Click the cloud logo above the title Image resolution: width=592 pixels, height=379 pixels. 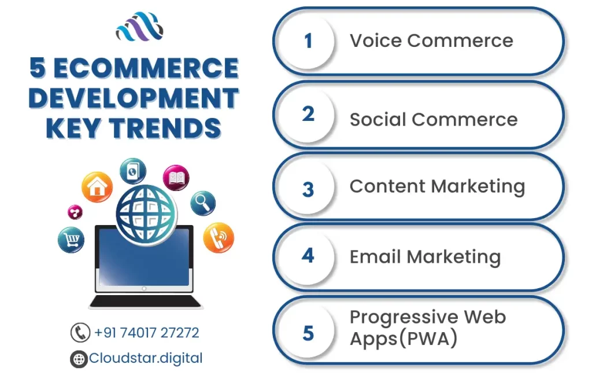coord(139,27)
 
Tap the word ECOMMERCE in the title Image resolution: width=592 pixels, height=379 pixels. coord(146,68)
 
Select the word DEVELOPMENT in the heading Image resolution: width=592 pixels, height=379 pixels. coord(134,98)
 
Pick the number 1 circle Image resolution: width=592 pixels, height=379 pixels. coord(308,41)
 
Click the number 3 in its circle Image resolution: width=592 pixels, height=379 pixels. coord(308,189)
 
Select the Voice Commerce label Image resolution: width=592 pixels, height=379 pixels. coord(431,41)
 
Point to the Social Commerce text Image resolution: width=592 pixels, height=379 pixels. coord(434,119)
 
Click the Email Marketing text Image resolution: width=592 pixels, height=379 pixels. coord(425,257)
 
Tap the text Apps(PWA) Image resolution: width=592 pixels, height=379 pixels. coord(404,338)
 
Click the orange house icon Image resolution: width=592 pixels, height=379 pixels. coord(97,187)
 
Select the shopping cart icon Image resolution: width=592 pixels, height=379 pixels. coord(71,240)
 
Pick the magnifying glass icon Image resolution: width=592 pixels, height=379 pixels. coord(203,203)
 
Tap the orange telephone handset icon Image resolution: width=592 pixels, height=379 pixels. coord(219,238)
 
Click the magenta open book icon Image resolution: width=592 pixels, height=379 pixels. coord(176,178)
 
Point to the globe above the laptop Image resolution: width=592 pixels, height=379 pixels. coord(146,214)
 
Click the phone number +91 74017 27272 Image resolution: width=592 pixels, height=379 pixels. coord(146,333)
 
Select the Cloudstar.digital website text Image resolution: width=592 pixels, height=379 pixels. coord(146,358)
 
